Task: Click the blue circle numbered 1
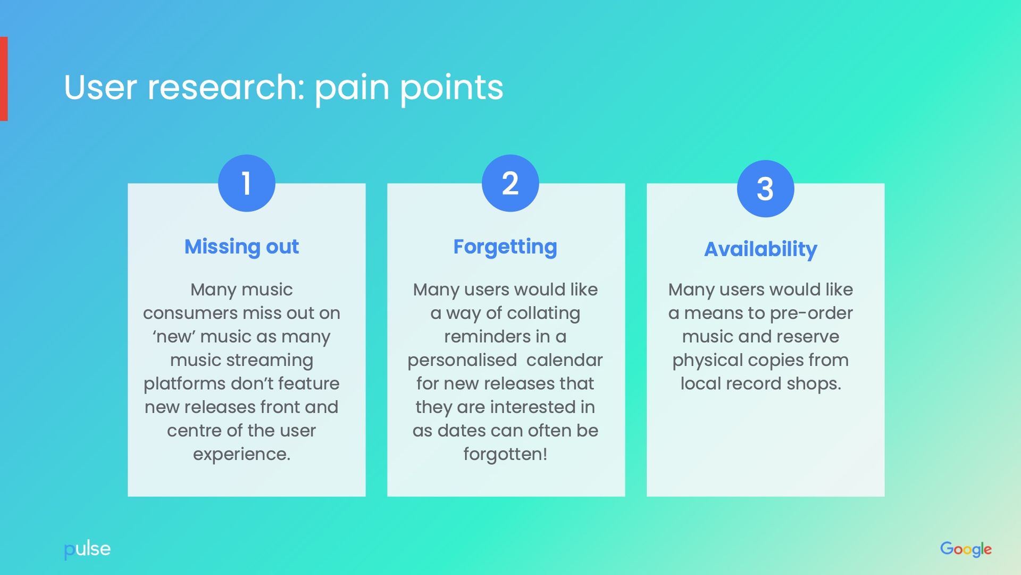(x=246, y=183)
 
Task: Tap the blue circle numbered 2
(x=510, y=183)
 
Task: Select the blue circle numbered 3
(x=765, y=188)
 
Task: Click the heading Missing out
(x=241, y=247)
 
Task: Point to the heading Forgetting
(x=505, y=247)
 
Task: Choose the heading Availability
(x=760, y=249)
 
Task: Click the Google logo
(x=966, y=549)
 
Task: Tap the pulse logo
(x=87, y=549)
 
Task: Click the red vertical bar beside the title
(x=4, y=79)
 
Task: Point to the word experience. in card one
(x=241, y=454)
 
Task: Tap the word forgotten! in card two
(x=505, y=454)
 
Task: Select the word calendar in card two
(x=564, y=360)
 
